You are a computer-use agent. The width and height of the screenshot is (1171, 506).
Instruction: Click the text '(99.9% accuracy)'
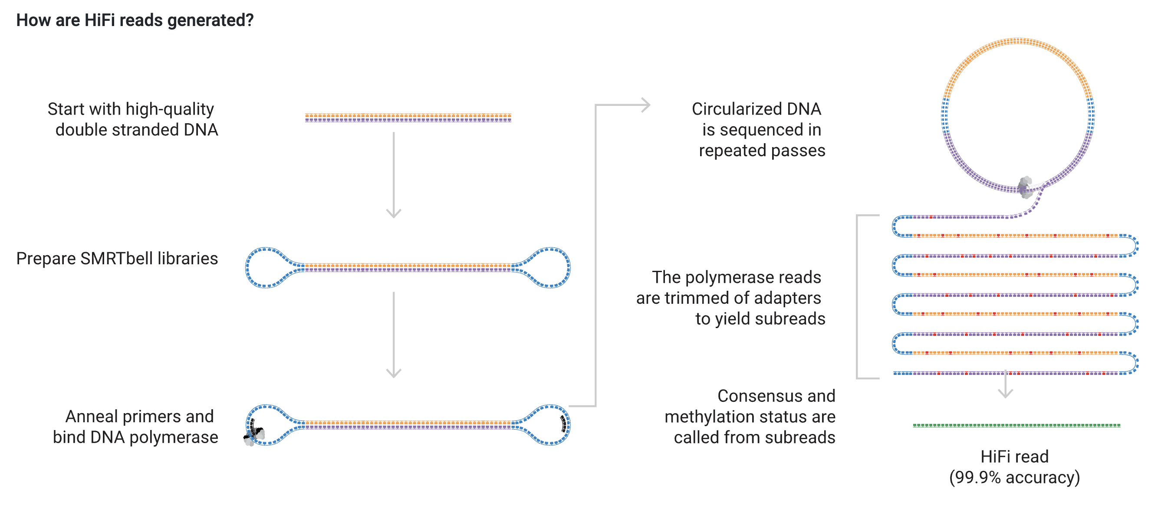pos(1014,477)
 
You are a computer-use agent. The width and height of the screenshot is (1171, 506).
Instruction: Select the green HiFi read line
pos(1016,426)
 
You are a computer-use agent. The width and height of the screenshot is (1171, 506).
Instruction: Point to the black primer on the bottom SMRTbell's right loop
pos(564,423)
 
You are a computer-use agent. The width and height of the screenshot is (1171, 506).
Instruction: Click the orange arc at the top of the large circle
pos(1017,42)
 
